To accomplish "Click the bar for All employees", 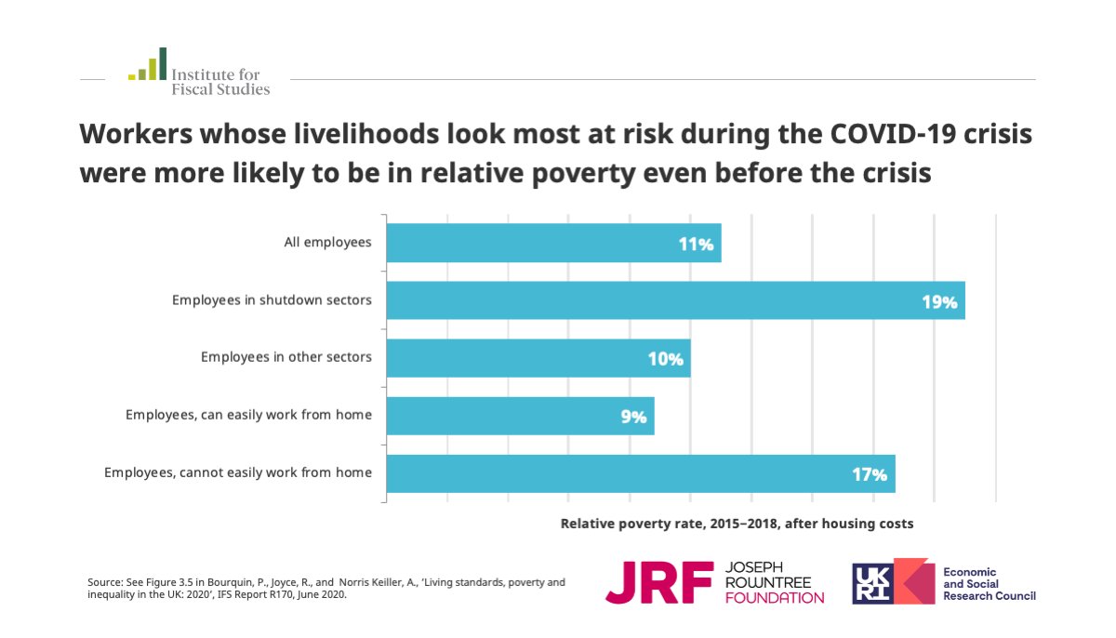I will [x=553, y=243].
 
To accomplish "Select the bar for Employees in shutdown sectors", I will [x=675, y=300].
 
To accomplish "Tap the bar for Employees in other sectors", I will [x=538, y=358].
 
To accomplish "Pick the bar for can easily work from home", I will [x=520, y=416].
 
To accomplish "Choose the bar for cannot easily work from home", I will [x=640, y=473].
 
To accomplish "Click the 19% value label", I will [x=939, y=302].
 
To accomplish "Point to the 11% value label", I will [x=696, y=245].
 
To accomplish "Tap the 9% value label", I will [x=633, y=418].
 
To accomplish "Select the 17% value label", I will [x=870, y=474].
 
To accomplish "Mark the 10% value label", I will [x=665, y=359].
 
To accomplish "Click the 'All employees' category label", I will [x=327, y=243].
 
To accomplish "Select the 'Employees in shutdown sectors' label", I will [x=272, y=300].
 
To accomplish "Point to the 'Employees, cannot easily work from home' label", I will [x=238, y=473].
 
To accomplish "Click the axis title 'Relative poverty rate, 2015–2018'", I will [x=737, y=524].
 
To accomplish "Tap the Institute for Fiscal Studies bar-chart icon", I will [x=148, y=65].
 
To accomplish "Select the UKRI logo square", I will [x=879, y=581].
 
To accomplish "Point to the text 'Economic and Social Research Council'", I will [x=989, y=583].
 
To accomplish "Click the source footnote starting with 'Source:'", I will [x=325, y=589].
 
